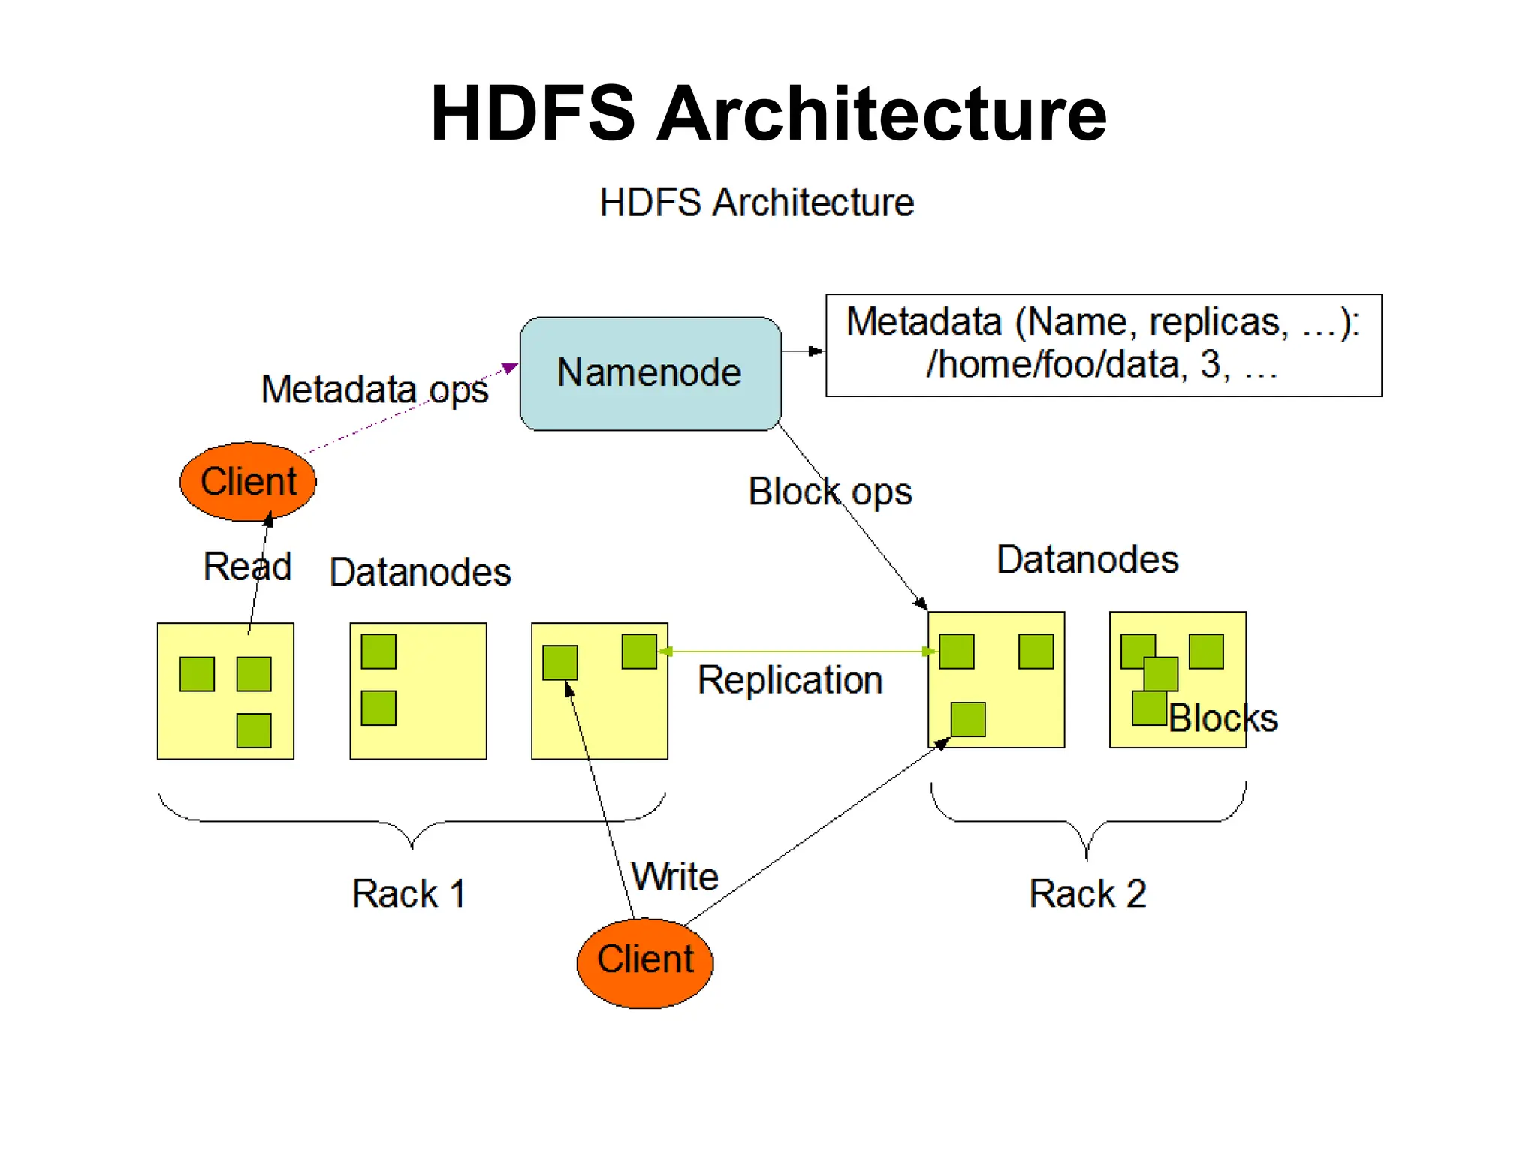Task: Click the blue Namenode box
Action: click(650, 373)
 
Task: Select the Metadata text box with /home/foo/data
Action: click(1102, 345)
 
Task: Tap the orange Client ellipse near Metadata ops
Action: click(248, 481)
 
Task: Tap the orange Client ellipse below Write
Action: click(644, 962)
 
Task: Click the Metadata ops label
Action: click(374, 390)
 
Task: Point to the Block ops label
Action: click(830, 492)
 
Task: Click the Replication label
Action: click(789, 680)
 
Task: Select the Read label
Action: click(247, 566)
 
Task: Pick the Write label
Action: click(674, 876)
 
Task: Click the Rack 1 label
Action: click(409, 893)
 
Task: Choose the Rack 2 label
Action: click(1087, 893)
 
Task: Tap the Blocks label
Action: click(1223, 718)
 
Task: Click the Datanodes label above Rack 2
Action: click(1087, 559)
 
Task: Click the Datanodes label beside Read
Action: click(420, 572)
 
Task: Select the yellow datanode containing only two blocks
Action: click(418, 691)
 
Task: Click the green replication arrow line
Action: click(796, 651)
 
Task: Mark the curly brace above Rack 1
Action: click(412, 822)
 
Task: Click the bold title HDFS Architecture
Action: click(768, 113)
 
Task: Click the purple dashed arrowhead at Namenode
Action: click(510, 368)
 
